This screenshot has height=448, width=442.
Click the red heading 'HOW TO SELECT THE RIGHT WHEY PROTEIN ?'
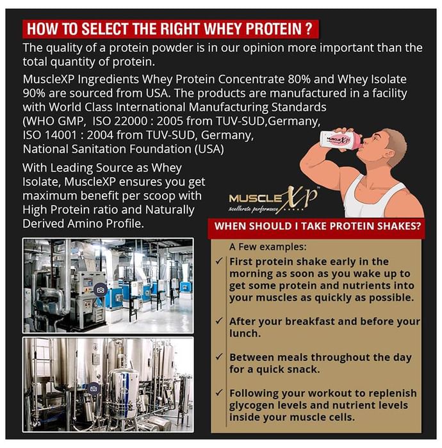[170, 29]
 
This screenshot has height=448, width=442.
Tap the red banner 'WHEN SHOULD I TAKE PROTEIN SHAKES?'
[317, 227]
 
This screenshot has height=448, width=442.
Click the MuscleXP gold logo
[274, 200]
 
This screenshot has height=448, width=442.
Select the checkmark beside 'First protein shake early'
[219, 261]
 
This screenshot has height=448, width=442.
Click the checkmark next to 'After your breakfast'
[219, 321]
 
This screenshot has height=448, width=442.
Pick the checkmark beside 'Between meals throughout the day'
[219, 356]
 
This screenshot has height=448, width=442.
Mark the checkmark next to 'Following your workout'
[219, 392]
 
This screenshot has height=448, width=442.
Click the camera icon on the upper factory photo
[101, 290]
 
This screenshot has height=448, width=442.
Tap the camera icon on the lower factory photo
[93, 389]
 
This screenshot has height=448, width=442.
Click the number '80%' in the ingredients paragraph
[299, 79]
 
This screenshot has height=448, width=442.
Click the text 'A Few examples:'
[268, 246]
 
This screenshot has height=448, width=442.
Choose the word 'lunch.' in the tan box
[245, 333]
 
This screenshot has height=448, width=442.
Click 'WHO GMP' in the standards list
[53, 122]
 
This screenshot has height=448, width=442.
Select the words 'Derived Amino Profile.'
[83, 224]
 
